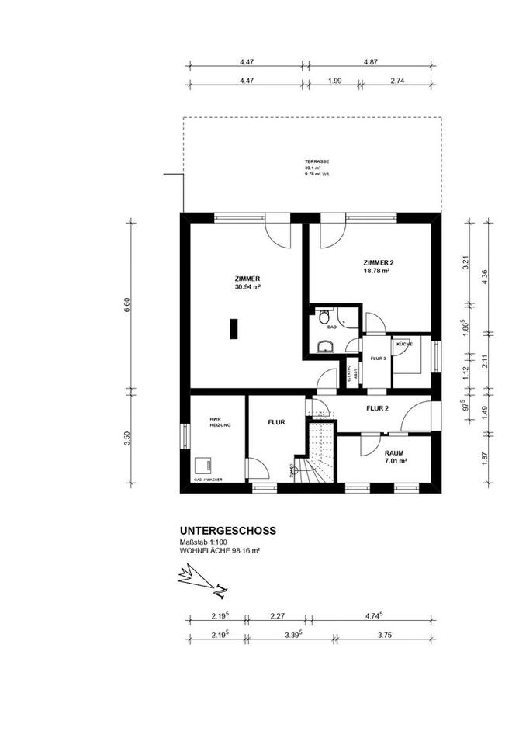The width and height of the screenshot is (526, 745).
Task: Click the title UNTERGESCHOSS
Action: pos(227,531)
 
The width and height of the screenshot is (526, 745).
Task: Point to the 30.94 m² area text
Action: pos(247,286)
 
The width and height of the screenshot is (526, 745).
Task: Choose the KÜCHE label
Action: pos(403,344)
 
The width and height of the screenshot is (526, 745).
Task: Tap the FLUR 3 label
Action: pos(378,359)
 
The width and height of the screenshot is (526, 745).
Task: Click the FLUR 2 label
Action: pos(377,407)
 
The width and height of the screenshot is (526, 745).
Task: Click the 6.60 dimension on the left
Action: pos(129,303)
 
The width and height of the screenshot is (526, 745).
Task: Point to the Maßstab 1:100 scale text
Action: pos(204,542)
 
